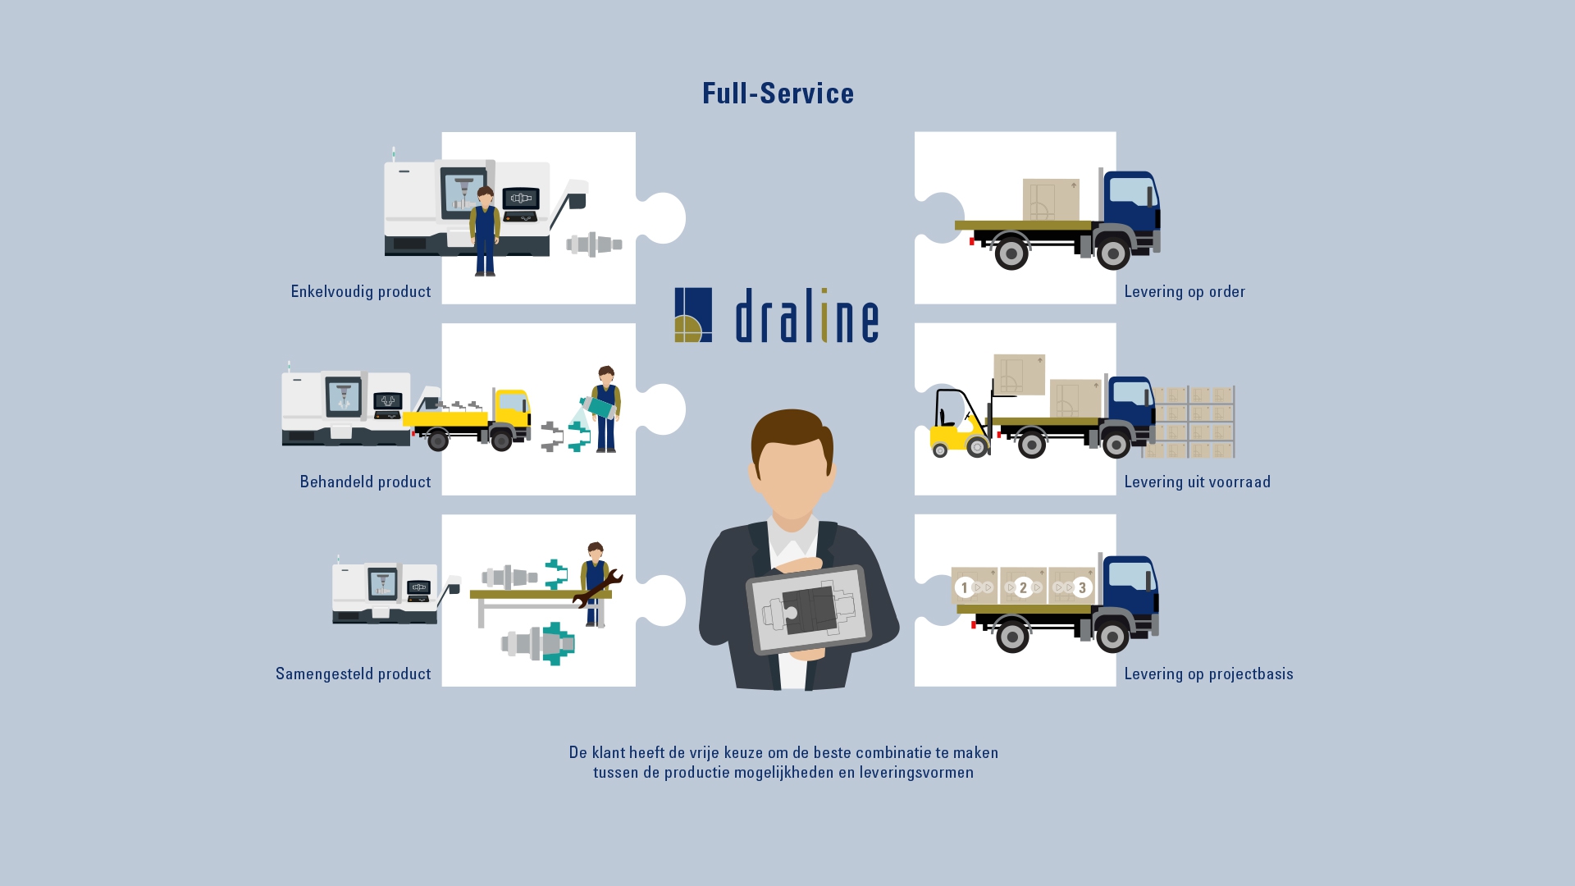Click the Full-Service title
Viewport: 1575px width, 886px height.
pos(778,94)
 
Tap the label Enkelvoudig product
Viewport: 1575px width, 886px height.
pos(361,292)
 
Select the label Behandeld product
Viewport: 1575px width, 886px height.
pos(365,482)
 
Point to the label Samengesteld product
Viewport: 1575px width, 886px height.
pos(353,674)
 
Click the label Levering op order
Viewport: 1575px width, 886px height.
pos(1185,292)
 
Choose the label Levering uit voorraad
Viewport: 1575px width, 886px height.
pos(1197,482)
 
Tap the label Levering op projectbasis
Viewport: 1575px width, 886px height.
pos(1208,674)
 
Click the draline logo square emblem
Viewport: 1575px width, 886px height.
pos(693,315)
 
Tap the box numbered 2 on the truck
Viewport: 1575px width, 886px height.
pos(1023,587)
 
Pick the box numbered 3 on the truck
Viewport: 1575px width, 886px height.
pos(1072,587)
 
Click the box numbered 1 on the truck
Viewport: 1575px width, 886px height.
pos(974,587)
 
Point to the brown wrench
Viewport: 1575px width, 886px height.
pos(596,589)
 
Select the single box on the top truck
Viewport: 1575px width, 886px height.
pos(1051,200)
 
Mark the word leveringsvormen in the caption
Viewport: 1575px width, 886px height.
pos(916,773)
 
